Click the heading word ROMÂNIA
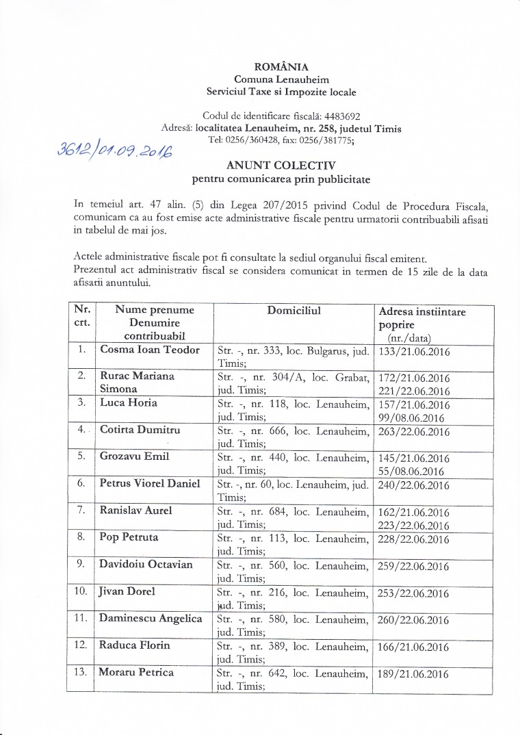point(281,67)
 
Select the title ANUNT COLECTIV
point(281,166)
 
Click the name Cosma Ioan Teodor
point(150,350)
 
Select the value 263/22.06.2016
point(413,432)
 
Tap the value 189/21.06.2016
point(413,674)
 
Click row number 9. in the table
point(81,565)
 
